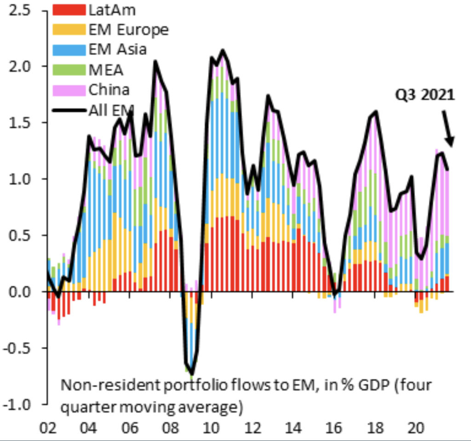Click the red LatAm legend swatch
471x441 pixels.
(69, 10)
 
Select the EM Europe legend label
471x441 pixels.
(128, 30)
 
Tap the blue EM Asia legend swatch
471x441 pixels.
(69, 49)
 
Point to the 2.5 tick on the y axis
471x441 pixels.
(22, 10)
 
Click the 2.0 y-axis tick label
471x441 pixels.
(22, 66)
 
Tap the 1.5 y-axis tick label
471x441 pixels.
(22, 123)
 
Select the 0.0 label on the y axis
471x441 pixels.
(22, 292)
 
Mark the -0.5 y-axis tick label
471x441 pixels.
(19, 348)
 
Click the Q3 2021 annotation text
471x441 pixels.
(425, 95)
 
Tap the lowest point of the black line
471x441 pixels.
(192, 374)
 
